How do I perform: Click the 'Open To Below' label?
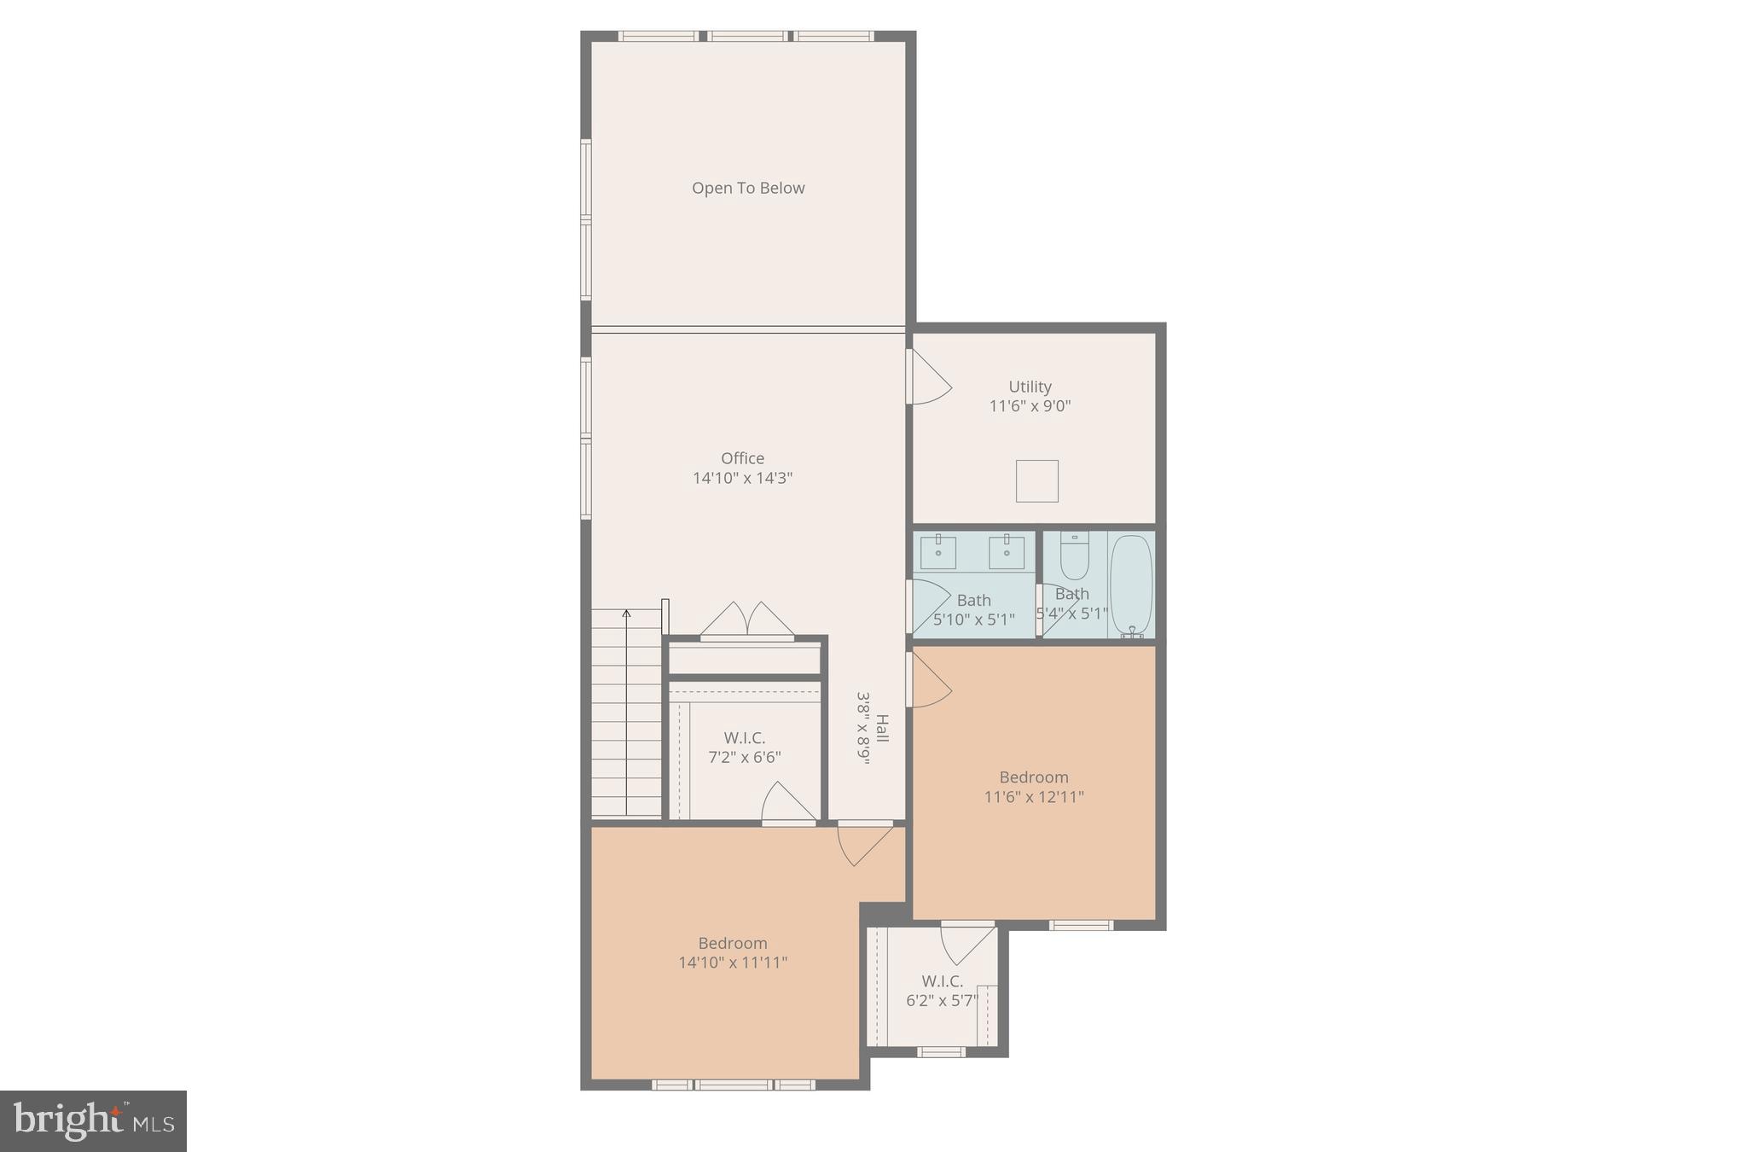[x=748, y=188]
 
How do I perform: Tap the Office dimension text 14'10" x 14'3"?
[x=742, y=478]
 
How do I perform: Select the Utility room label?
[x=1030, y=387]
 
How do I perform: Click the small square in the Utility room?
[x=1036, y=480]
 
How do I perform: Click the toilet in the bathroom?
[x=1074, y=557]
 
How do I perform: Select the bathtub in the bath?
[x=1131, y=585]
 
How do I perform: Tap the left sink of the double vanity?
[x=938, y=552]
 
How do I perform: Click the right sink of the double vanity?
[x=1007, y=552]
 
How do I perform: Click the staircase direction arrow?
[x=626, y=614]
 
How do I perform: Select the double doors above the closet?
[x=747, y=620]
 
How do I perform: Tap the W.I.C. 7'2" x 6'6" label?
[x=745, y=748]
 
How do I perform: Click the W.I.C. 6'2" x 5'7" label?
[x=942, y=991]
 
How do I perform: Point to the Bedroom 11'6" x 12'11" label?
[x=1034, y=787]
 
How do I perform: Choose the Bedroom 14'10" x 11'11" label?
[x=733, y=952]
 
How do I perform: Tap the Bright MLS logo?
[x=93, y=1121]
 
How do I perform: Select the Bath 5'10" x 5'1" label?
[x=973, y=609]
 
